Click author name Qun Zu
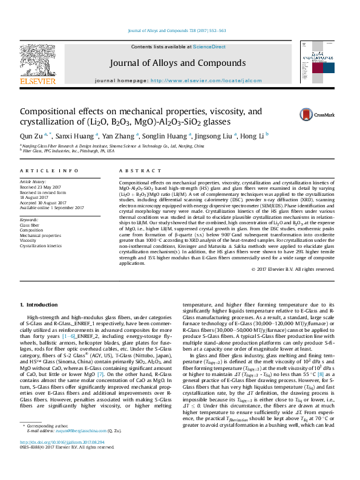31,136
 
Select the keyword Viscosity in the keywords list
30,240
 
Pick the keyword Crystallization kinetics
41,246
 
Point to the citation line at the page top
178,30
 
